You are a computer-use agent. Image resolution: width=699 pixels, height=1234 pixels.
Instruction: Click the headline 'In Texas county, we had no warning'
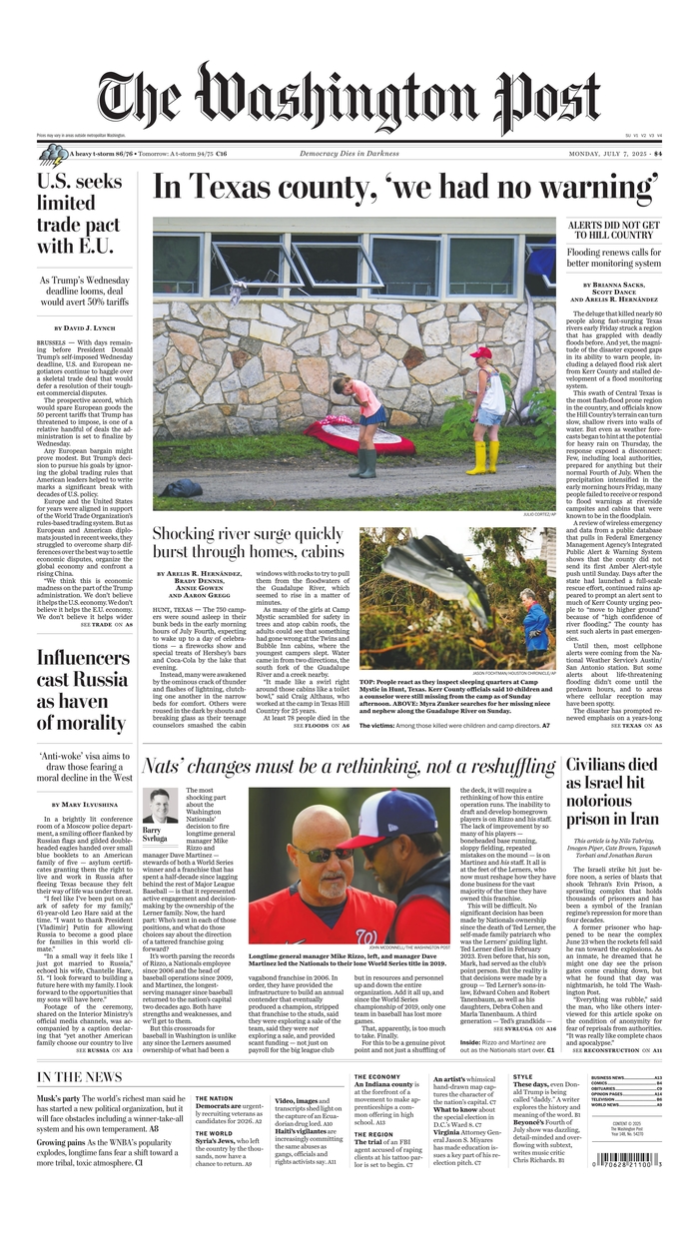(405, 188)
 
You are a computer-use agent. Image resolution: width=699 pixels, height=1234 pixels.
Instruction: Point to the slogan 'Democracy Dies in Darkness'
(349, 154)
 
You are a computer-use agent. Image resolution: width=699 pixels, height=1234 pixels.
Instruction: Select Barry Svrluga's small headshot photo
(159, 806)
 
